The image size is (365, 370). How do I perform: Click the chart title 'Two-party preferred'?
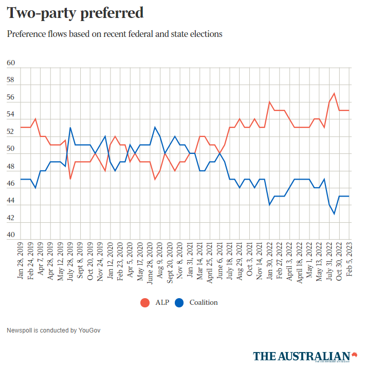point(75,13)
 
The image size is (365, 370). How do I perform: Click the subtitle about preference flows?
point(115,34)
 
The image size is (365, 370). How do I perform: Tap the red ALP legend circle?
point(145,302)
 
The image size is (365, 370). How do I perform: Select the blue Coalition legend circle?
point(179,302)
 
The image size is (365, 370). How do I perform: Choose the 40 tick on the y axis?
point(11,235)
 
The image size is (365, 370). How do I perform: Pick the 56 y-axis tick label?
point(11,98)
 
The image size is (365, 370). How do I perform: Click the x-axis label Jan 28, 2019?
point(21,259)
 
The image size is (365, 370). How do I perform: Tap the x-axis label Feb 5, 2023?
point(350,259)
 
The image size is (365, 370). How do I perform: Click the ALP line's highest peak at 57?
point(335,93)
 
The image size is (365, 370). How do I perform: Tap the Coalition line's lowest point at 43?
point(335,213)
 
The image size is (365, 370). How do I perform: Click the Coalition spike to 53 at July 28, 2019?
point(70,128)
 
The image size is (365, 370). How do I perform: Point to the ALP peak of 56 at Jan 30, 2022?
point(269,102)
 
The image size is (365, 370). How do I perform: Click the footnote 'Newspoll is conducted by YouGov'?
point(53,330)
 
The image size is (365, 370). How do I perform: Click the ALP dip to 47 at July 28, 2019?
point(70,179)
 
